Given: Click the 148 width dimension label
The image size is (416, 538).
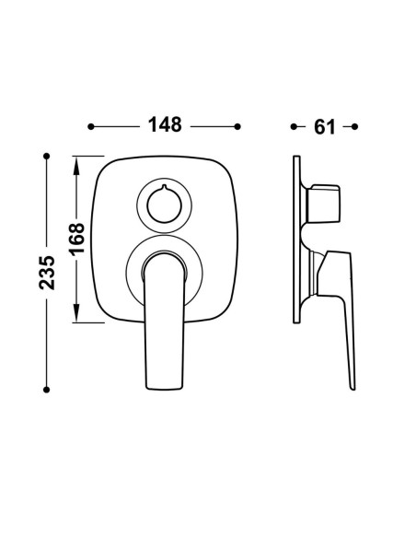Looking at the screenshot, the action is (165, 124).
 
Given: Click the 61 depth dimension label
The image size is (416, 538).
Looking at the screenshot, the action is (324, 127).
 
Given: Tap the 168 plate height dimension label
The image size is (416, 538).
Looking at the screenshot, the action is (76, 238).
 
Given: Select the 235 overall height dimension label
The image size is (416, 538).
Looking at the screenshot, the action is (47, 273).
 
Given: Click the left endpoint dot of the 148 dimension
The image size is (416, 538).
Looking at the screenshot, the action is (91, 126).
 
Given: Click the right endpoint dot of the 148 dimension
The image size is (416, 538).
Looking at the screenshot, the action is (237, 126).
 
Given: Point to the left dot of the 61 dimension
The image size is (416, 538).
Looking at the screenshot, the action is (294, 126).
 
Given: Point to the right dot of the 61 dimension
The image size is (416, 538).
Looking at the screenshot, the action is (355, 126).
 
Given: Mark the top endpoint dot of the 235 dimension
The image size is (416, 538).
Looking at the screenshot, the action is (47, 156).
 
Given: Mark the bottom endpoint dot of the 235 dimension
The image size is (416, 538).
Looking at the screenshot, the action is (47, 390).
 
